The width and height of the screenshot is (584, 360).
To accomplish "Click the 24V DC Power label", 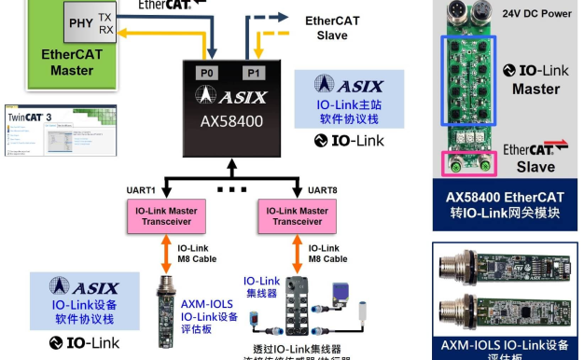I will (x=535, y=13).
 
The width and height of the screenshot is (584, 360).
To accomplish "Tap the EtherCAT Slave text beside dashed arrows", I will (x=326, y=28).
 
